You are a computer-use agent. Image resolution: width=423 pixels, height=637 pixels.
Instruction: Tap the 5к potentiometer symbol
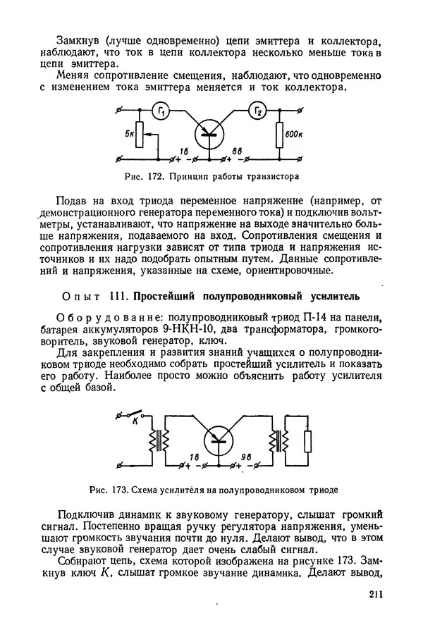tap(140, 133)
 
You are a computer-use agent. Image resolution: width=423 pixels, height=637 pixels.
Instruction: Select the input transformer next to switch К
tap(160, 442)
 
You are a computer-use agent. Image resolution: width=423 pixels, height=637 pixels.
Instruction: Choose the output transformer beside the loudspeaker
tap(280, 442)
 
